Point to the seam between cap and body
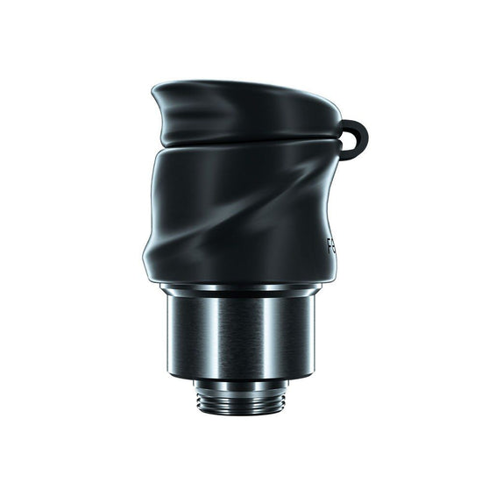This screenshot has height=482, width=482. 245,145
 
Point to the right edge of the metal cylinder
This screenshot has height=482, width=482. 312,333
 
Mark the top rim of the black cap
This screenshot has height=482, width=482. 245,86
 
